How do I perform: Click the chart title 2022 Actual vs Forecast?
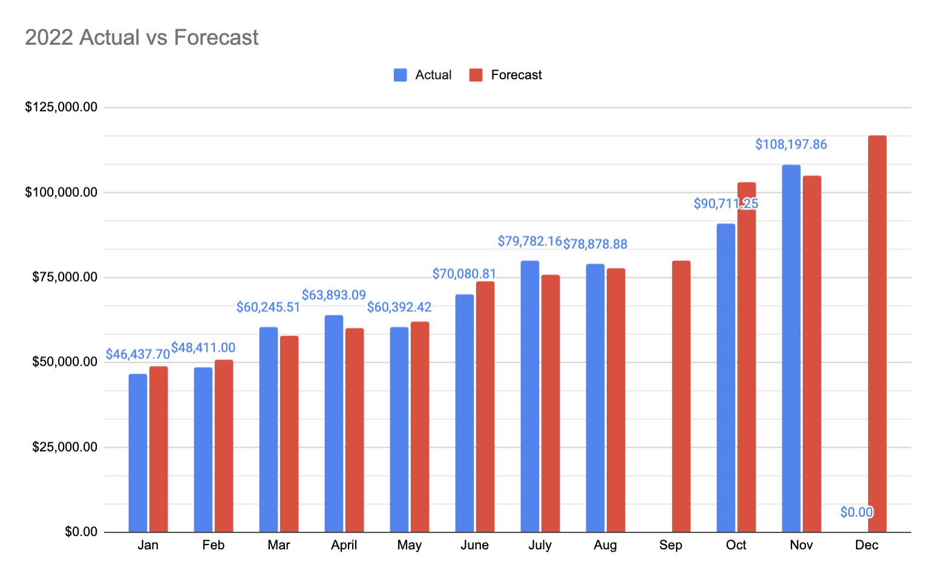point(142,37)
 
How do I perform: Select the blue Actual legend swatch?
point(400,75)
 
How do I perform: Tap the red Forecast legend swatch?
point(476,75)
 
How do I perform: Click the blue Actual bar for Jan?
point(138,453)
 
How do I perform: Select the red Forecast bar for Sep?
point(681,396)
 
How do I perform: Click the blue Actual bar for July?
point(530,396)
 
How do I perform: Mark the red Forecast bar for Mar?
point(289,434)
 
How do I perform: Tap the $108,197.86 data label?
point(791,144)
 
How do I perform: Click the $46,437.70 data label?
point(137,354)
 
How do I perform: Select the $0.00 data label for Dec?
point(857,513)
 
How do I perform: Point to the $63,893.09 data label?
point(334,295)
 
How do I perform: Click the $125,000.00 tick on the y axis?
point(61,108)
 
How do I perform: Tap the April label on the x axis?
point(344,545)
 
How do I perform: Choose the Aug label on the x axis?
point(605,545)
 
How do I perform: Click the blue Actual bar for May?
point(399,430)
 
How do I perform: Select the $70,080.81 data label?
point(464,274)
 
